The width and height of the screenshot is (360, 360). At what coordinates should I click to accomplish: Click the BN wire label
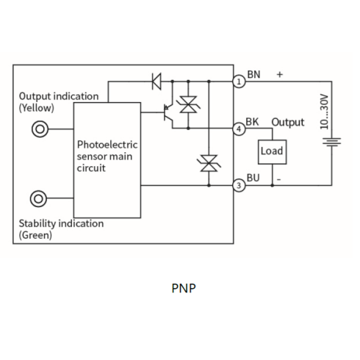(253, 74)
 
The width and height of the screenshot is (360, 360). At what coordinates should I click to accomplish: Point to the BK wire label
(252, 122)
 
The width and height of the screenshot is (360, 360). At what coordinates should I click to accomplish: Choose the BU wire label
(253, 178)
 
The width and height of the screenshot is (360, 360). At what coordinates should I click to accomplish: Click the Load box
(272, 152)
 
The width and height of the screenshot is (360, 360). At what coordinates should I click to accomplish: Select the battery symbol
(332, 142)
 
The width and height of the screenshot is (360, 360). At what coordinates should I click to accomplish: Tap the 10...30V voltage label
(324, 112)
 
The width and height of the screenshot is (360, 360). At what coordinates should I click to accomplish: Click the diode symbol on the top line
(156, 82)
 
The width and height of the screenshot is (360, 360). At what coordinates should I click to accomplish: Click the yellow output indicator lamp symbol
(40, 129)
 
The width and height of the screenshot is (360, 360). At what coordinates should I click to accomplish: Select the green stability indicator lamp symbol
(38, 198)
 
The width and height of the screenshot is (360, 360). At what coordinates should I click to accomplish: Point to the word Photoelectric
(107, 145)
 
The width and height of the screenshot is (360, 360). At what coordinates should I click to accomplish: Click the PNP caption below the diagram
(184, 288)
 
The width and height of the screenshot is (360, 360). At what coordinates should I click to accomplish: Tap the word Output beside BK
(288, 123)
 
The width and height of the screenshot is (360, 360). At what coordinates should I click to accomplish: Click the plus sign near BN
(280, 74)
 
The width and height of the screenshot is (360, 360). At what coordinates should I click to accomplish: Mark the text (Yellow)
(37, 108)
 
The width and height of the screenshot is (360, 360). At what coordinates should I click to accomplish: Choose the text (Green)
(35, 235)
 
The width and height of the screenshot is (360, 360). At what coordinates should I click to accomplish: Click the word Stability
(37, 223)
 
